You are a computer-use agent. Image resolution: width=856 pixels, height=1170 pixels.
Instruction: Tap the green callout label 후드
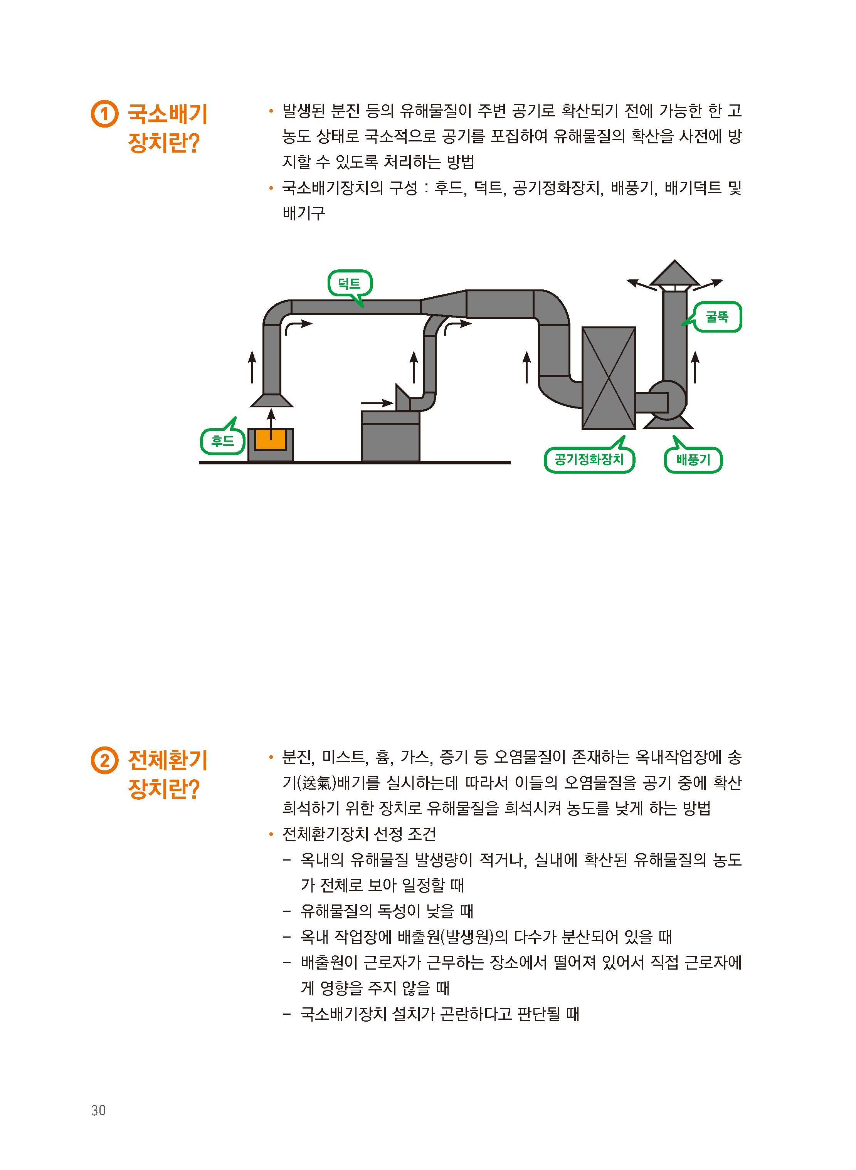click(x=223, y=440)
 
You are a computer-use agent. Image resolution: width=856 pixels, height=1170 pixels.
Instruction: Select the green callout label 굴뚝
click(x=717, y=317)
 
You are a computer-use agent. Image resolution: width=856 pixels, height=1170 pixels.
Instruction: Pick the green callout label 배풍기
click(x=693, y=460)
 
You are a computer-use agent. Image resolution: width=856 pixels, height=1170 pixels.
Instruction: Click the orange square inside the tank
click(x=271, y=439)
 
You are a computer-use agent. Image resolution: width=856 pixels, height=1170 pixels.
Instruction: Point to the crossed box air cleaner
click(x=608, y=378)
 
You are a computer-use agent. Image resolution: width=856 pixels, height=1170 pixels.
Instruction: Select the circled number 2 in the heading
click(x=105, y=760)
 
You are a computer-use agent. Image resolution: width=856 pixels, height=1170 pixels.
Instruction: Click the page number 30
click(x=98, y=1110)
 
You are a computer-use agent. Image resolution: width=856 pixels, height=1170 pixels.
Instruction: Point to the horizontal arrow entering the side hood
click(x=377, y=403)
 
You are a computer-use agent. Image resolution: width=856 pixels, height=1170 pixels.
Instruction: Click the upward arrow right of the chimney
click(x=695, y=367)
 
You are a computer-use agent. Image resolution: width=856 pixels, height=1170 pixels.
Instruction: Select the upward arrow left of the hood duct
click(x=252, y=367)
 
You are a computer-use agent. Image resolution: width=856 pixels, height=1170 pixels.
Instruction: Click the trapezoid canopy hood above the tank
click(x=271, y=400)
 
